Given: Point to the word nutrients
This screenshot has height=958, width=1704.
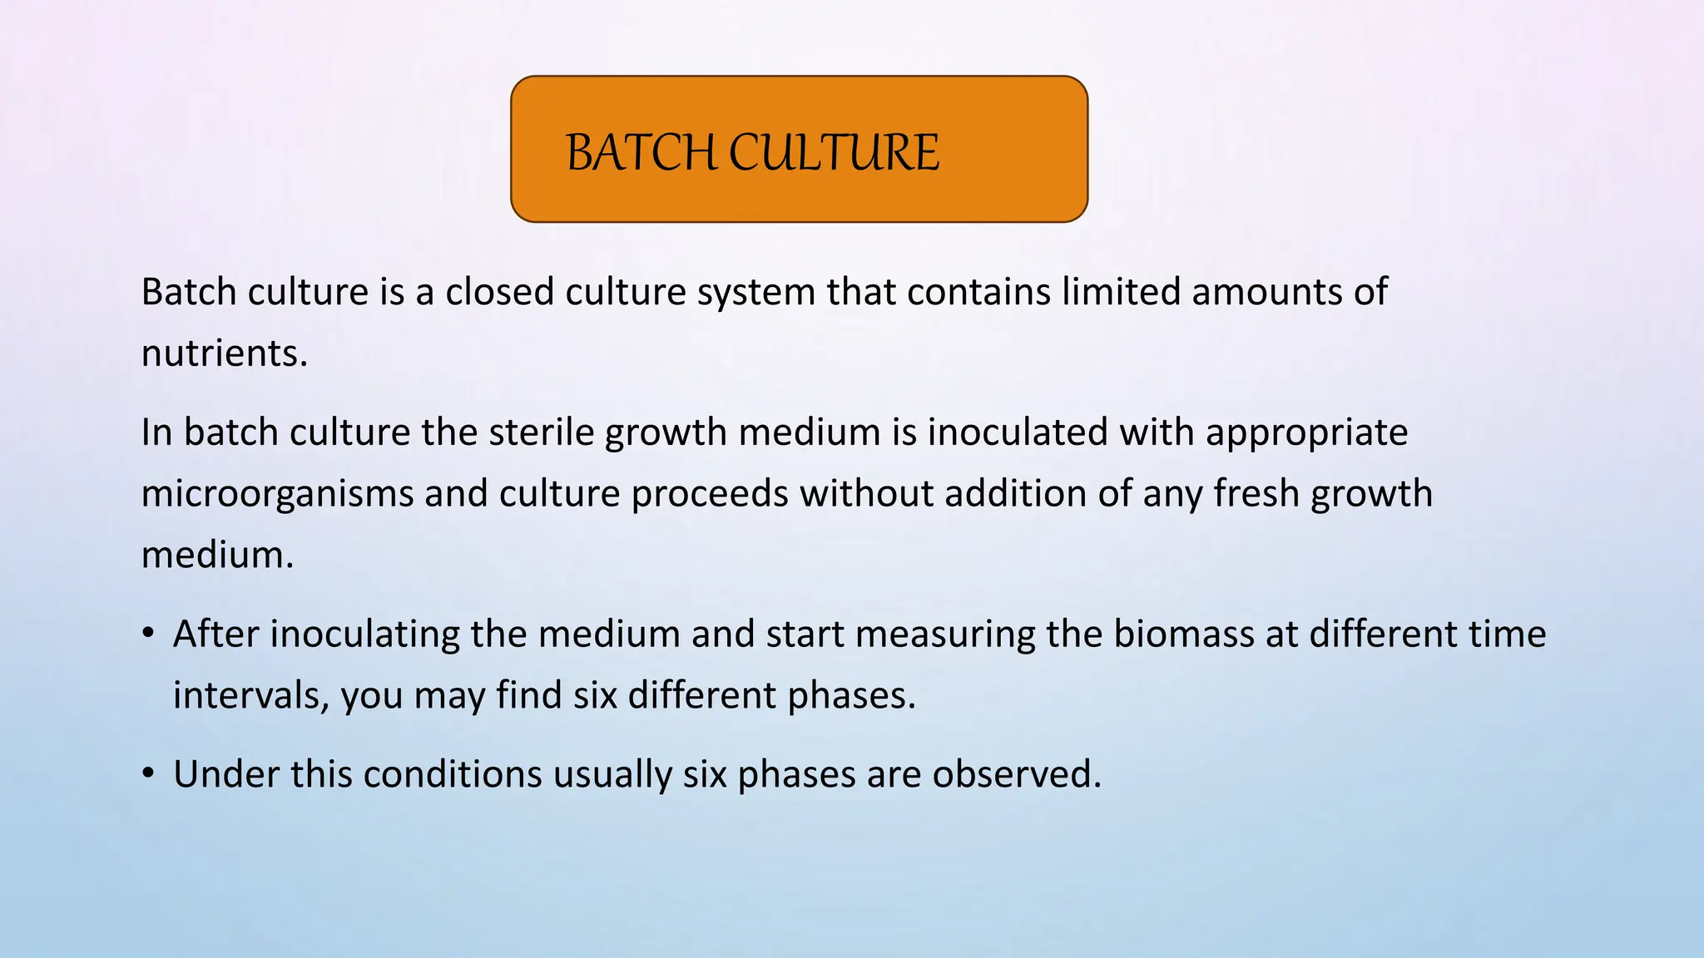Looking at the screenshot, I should (224, 354).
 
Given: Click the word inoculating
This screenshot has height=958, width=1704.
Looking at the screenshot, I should (364, 635).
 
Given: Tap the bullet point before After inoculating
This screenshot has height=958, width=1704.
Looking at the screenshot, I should (148, 635).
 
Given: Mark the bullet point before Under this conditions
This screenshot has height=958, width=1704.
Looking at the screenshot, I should (148, 774).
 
